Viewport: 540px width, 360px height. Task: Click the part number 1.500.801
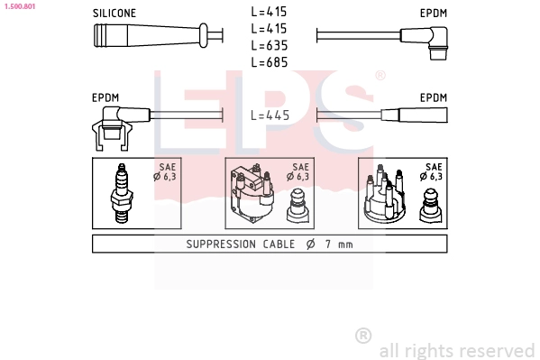[20, 6]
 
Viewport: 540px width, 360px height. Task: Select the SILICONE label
[114, 14]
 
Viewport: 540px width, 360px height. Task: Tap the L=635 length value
[270, 45]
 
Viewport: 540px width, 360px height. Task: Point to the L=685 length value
[270, 62]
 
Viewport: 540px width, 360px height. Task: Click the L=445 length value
[270, 115]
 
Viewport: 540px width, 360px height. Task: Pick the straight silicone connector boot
[151, 35]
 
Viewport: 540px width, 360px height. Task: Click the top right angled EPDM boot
[425, 42]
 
